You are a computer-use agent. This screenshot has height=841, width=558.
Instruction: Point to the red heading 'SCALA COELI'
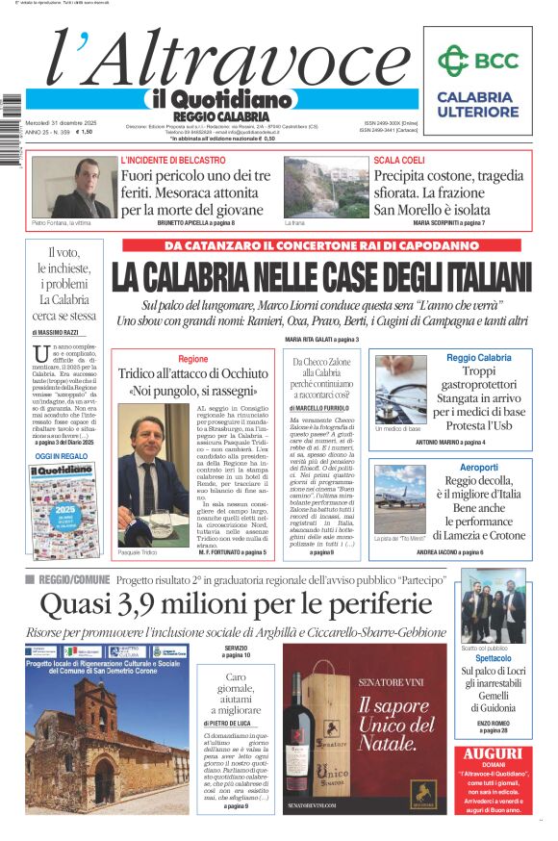[398, 160]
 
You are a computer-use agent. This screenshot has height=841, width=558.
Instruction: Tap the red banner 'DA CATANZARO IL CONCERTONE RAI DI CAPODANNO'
[325, 245]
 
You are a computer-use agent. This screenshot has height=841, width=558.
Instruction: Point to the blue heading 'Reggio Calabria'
[479, 358]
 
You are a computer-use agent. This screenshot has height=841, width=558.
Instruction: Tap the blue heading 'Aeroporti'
[479, 465]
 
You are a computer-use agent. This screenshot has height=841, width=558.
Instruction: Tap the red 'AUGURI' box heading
[493, 754]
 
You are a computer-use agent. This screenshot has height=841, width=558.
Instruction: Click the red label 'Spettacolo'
[493, 658]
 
